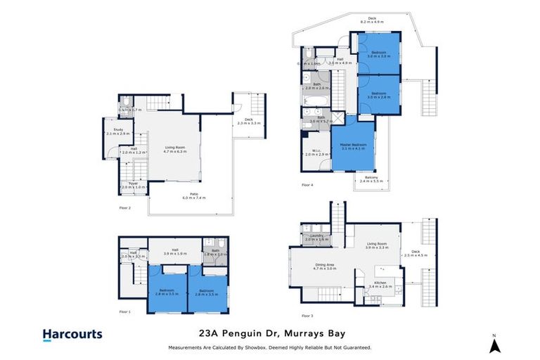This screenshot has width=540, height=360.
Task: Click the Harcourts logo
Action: click(72, 335)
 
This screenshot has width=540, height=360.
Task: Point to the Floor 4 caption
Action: click(307, 184)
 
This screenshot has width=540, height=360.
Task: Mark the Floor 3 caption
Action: click(307, 316)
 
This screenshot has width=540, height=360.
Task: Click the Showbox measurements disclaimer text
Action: click(270, 347)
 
